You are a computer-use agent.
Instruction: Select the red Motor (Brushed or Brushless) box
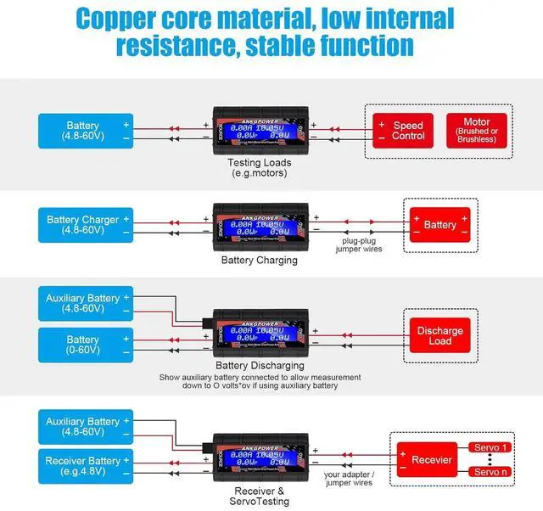(x=476, y=131)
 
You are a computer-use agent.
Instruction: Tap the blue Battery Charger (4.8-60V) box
(x=85, y=225)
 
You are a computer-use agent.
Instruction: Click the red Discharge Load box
(x=440, y=336)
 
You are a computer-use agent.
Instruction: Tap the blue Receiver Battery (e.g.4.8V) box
(x=85, y=467)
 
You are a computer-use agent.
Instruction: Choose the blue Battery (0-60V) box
(x=85, y=345)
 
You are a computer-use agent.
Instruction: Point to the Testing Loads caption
(x=260, y=167)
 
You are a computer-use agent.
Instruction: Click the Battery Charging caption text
(x=260, y=260)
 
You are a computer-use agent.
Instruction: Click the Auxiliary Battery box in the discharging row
(x=85, y=304)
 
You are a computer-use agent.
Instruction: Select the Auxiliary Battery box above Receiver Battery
(x=85, y=426)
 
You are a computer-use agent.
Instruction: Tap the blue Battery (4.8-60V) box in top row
(x=85, y=131)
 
